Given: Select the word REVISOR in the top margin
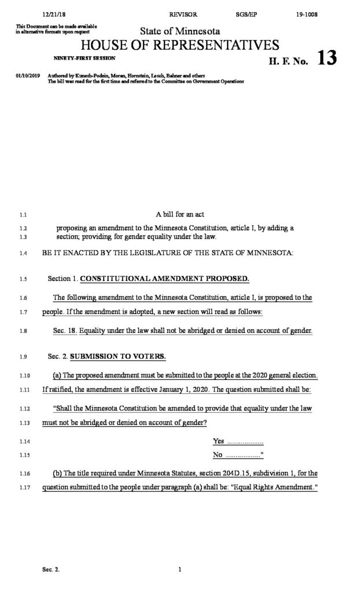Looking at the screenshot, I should (x=183, y=12).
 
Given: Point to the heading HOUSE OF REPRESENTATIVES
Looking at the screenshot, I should (x=180, y=46).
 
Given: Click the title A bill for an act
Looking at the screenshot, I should (x=179, y=214).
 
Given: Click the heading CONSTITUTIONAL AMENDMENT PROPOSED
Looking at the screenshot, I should (x=164, y=279).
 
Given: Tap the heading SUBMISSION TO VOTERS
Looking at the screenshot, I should (x=117, y=355).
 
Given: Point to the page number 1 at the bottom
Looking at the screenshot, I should (x=180, y=570).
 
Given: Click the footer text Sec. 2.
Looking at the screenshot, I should (x=51, y=570).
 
